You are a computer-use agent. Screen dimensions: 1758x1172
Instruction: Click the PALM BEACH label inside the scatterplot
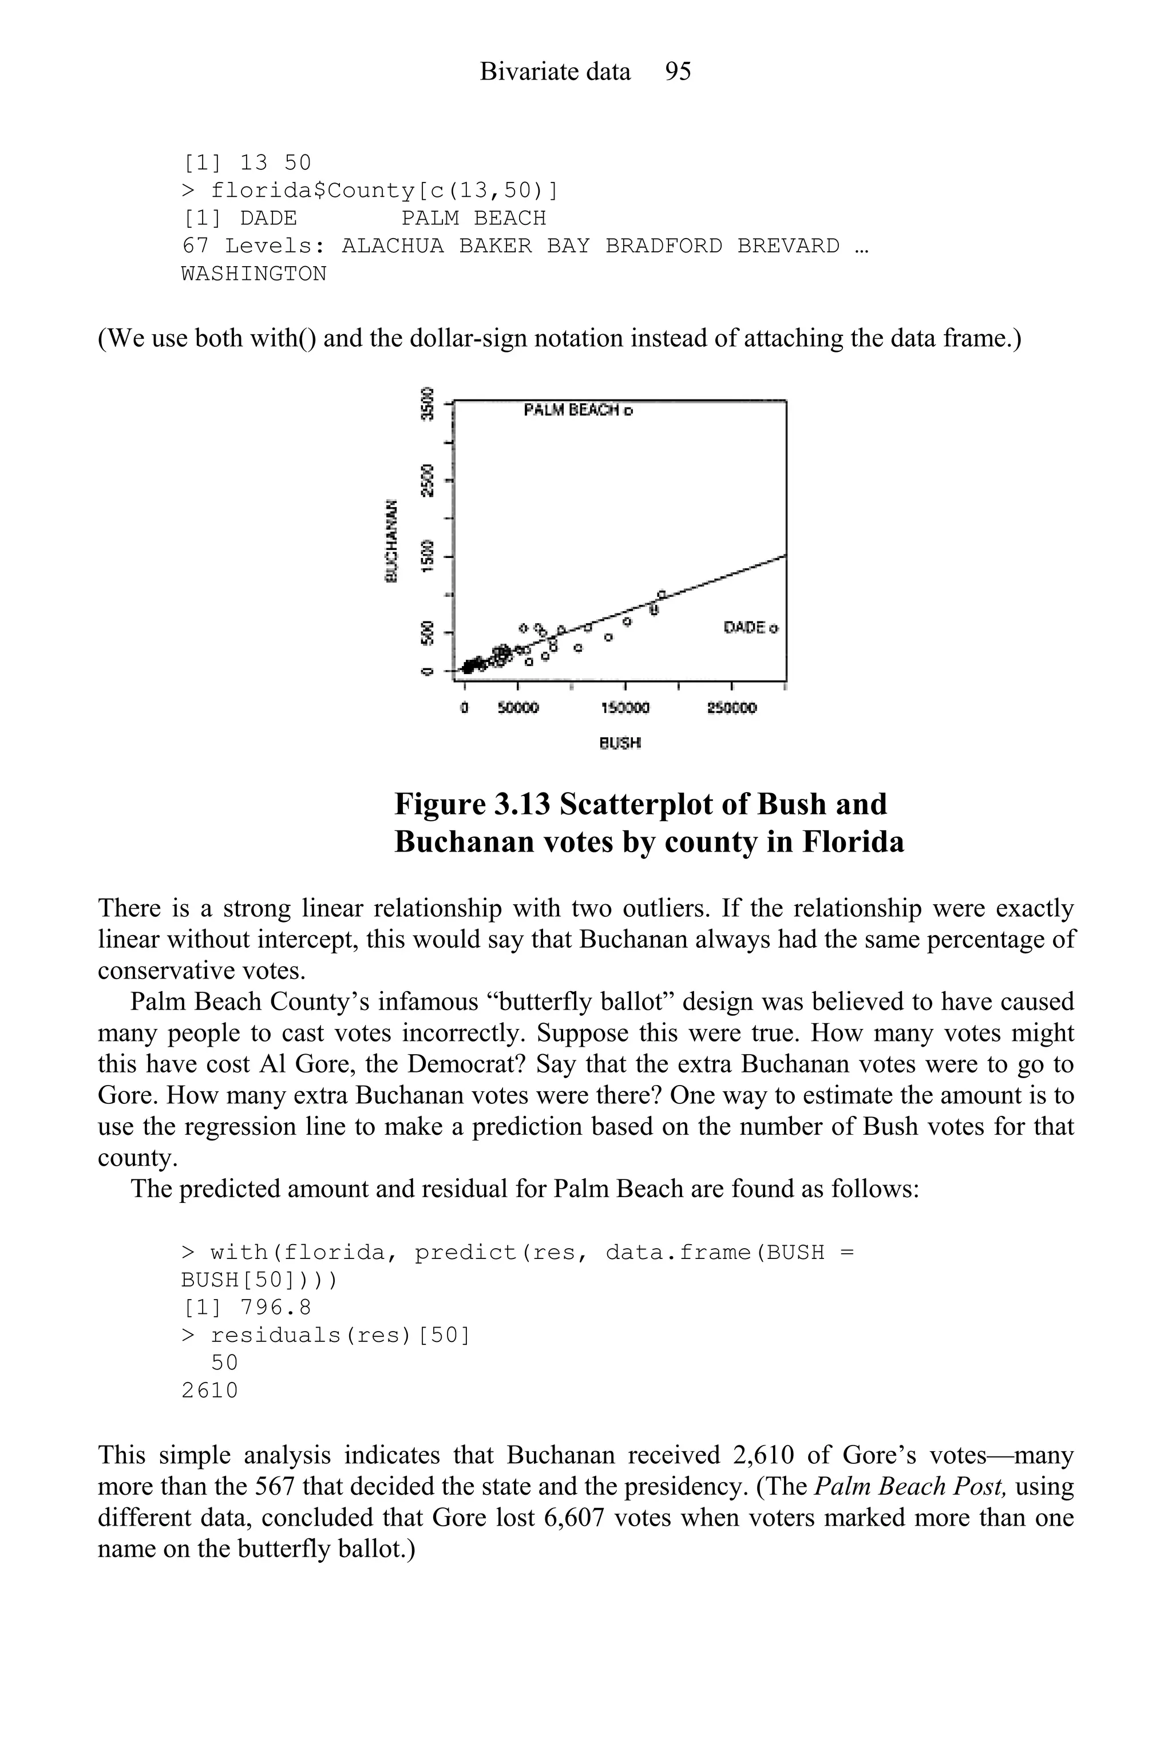(572, 410)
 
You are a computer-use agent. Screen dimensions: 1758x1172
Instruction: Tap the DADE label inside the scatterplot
(745, 627)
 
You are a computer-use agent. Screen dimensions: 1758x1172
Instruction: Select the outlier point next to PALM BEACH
(628, 410)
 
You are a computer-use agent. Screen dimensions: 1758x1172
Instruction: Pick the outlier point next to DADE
(774, 628)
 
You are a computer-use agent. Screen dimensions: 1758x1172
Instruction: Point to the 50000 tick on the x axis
(518, 707)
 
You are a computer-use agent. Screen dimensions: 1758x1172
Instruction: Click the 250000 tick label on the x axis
(732, 707)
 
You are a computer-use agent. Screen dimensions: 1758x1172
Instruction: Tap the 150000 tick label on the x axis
(625, 707)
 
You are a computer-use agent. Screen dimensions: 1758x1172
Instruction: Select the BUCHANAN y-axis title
(390, 540)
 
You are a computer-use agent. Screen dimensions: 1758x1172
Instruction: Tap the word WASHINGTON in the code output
(254, 274)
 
